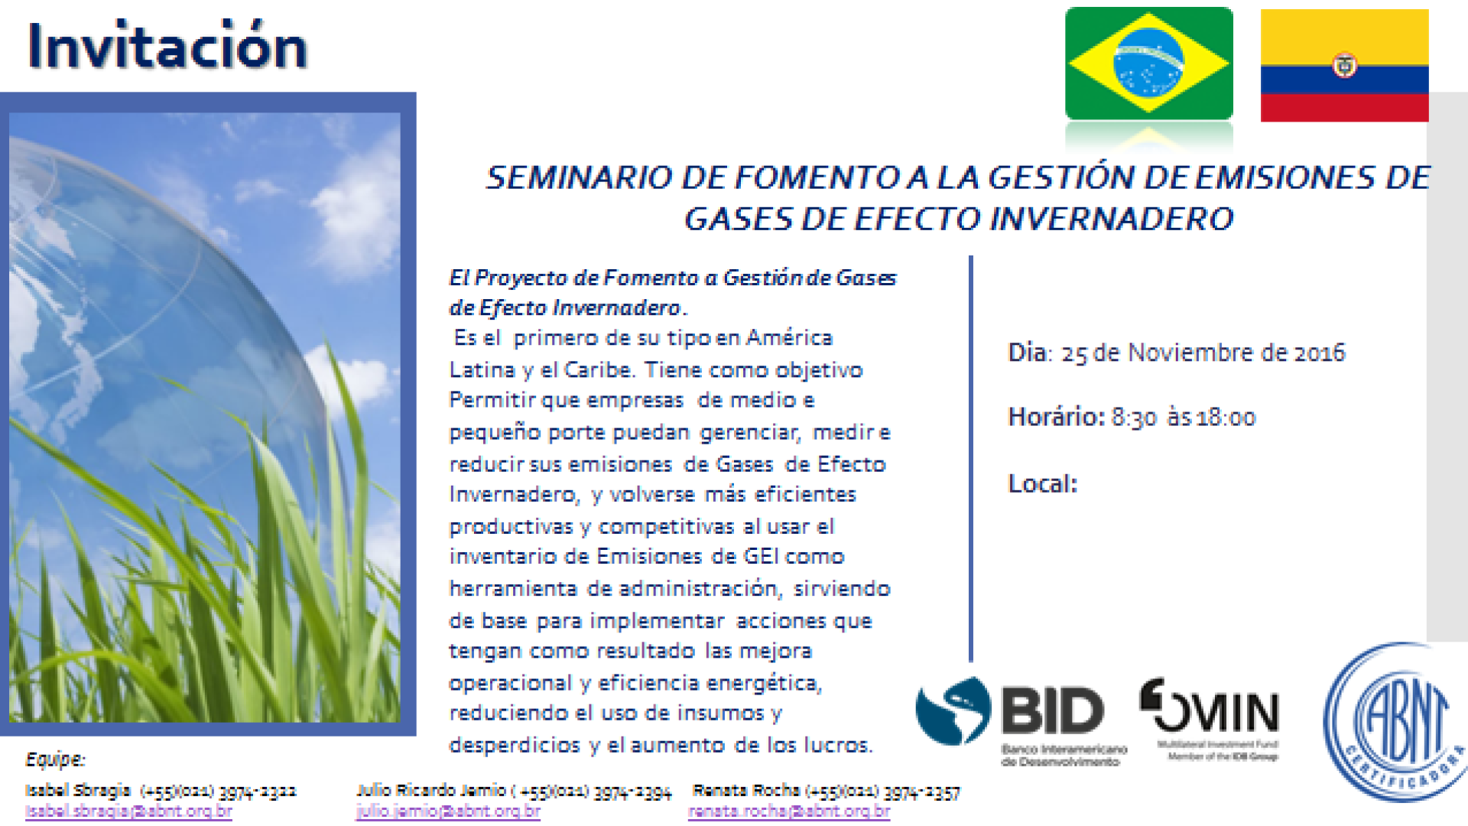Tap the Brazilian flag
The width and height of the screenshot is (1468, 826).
pyautogui.click(x=1148, y=63)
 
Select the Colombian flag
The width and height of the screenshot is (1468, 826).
pyautogui.click(x=1344, y=65)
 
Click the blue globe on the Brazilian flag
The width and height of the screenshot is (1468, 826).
pyautogui.click(x=1148, y=63)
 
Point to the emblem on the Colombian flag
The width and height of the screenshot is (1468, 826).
pyautogui.click(x=1345, y=66)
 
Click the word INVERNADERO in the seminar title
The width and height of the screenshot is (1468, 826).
pyautogui.click(x=1111, y=220)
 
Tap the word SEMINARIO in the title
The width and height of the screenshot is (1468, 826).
pyautogui.click(x=578, y=178)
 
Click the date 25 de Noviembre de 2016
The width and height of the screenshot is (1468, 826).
pyautogui.click(x=1203, y=353)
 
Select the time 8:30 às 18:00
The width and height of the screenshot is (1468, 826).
pyautogui.click(x=1183, y=418)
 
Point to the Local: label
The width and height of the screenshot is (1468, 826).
pyautogui.click(x=1042, y=484)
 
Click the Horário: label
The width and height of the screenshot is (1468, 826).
pyautogui.click(x=1056, y=418)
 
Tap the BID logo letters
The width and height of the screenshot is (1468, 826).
pyautogui.click(x=1053, y=711)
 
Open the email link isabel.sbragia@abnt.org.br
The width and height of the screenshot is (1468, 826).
pyautogui.click(x=128, y=811)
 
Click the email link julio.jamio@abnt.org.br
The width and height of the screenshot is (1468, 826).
pyautogui.click(x=448, y=811)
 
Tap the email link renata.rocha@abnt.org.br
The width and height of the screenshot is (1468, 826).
pyautogui.click(x=789, y=811)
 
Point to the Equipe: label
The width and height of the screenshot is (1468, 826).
pyautogui.click(x=55, y=759)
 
